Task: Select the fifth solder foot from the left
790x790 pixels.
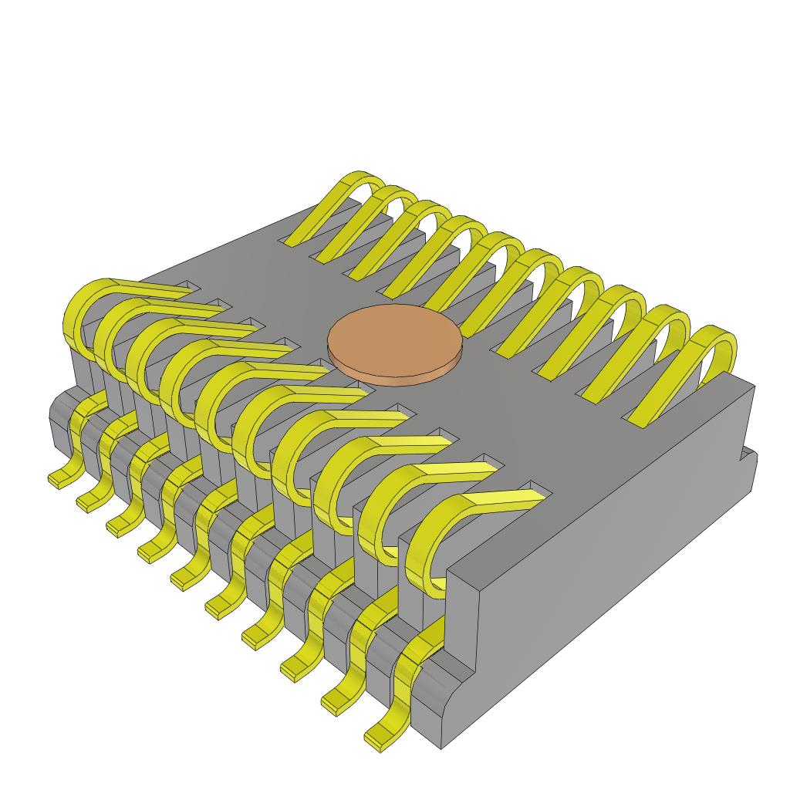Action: [x=184, y=577]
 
